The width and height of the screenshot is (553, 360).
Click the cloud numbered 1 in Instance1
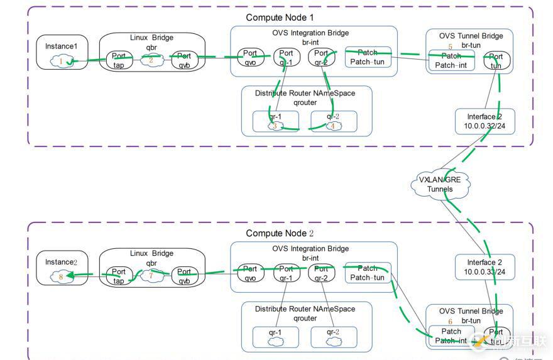coord(62,61)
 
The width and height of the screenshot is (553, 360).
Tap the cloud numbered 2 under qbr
coord(151,60)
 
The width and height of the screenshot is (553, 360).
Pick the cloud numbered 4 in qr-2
coord(334,126)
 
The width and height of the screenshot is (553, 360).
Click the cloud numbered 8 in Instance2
coord(60,275)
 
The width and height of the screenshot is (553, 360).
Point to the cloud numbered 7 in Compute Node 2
coord(151,276)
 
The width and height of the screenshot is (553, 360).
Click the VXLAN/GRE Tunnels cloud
coord(440,184)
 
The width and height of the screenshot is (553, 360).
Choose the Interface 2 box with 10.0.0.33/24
coord(485,267)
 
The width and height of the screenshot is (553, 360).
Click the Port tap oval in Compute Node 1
coord(119,60)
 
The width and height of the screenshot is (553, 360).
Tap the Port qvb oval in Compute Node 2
coord(184,276)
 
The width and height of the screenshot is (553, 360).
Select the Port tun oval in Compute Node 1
coord(496,61)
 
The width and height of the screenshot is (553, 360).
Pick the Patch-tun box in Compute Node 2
coord(368,273)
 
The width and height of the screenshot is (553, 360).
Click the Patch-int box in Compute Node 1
coord(451,60)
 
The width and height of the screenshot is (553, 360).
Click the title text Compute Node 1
coord(280,18)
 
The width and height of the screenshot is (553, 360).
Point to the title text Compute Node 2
coord(280,233)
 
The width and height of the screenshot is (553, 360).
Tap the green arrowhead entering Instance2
coord(71,275)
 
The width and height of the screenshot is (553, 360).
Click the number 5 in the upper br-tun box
coord(450,46)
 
